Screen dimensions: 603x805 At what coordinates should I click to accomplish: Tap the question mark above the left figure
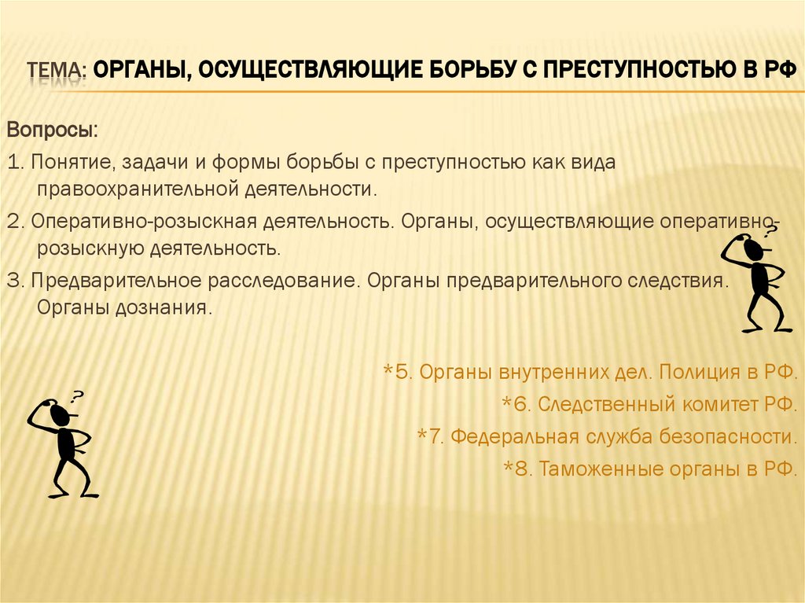click(77, 396)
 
